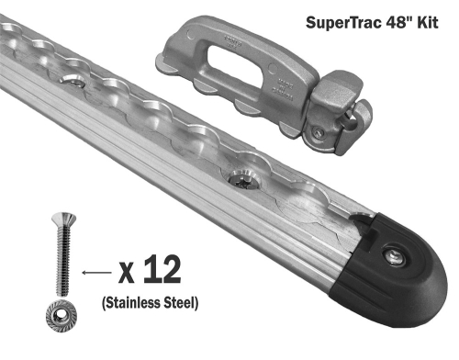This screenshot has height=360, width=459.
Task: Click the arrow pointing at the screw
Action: (94, 273)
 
